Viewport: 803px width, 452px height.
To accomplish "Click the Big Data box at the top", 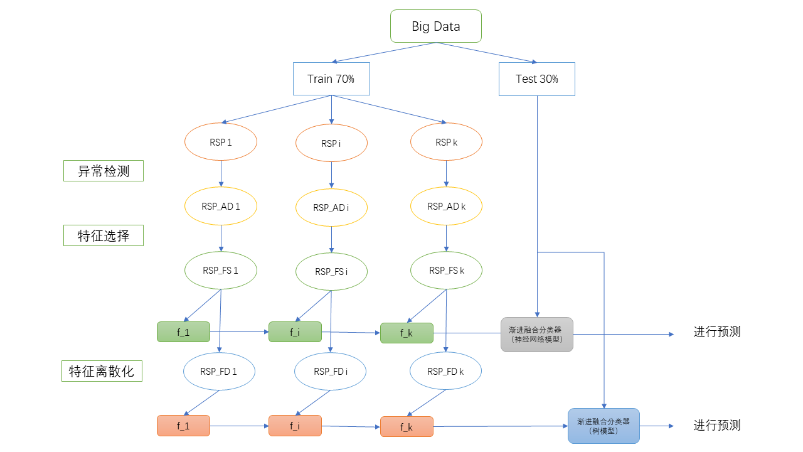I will pyautogui.click(x=435, y=26).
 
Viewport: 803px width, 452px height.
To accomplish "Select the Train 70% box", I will pyautogui.click(x=331, y=79).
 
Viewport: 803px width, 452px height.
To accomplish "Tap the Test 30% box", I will pyautogui.click(x=536, y=79).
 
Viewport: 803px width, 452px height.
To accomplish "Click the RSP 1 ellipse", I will pyautogui.click(x=221, y=143).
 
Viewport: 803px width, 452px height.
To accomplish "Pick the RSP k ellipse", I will pyautogui.click(x=446, y=143).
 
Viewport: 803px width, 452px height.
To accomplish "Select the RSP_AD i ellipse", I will pyautogui.click(x=331, y=207).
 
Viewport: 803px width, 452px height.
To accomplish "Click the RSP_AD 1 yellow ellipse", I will pyautogui.click(x=221, y=206).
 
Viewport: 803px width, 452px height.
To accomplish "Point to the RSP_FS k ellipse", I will pyautogui.click(x=446, y=271).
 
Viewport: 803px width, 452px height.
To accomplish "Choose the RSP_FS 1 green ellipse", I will pyautogui.click(x=221, y=271).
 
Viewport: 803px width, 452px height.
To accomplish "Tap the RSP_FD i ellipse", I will pyautogui.click(x=331, y=372).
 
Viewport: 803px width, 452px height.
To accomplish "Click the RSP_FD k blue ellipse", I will pyautogui.click(x=445, y=371).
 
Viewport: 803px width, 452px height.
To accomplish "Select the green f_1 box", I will pyautogui.click(x=183, y=332).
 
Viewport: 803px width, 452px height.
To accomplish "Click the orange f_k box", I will pyautogui.click(x=407, y=427).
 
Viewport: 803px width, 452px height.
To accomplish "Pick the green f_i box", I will pyautogui.click(x=295, y=332).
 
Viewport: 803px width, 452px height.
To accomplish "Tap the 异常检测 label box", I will pyautogui.click(x=104, y=171).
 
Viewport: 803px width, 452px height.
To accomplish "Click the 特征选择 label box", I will pyautogui.click(x=104, y=235).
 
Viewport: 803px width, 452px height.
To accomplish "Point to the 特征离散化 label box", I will pyautogui.click(x=102, y=371).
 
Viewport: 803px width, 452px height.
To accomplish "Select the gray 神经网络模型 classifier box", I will pyautogui.click(x=536, y=334).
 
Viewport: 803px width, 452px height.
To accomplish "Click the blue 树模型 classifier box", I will pyautogui.click(x=604, y=426).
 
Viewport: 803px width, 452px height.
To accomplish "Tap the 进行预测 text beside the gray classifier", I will pyautogui.click(x=716, y=332).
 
